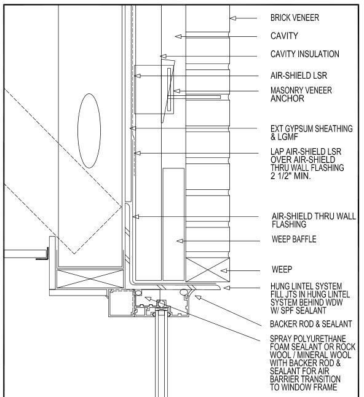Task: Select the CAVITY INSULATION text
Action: [304, 55]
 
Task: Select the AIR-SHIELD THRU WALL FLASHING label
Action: [314, 220]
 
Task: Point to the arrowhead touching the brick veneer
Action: [232, 19]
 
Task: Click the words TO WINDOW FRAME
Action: [306, 388]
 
